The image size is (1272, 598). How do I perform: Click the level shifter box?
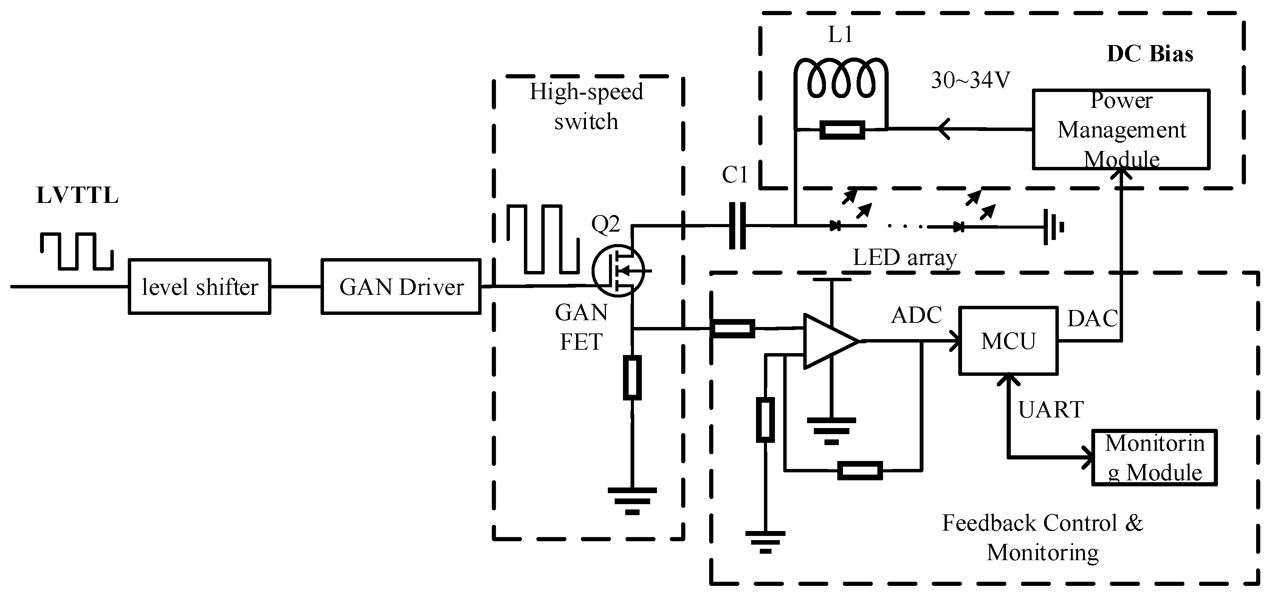pyautogui.click(x=200, y=287)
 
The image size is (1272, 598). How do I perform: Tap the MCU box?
pyautogui.click(x=1008, y=341)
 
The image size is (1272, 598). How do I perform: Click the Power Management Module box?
pyautogui.click(x=1121, y=129)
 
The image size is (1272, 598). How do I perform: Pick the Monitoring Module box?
pyautogui.click(x=1154, y=458)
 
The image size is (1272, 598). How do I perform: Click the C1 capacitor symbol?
pyautogui.click(x=737, y=226)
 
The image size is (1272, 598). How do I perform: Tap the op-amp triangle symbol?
pyautogui.click(x=829, y=341)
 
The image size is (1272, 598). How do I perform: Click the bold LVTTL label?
pyautogui.click(x=77, y=196)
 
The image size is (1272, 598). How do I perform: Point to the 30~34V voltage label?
pyautogui.click(x=970, y=80)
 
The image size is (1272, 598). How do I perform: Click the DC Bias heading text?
pyautogui.click(x=1150, y=54)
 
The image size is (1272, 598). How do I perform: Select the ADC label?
pyautogui.click(x=916, y=315)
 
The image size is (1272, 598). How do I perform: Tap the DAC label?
pyautogui.click(x=1092, y=319)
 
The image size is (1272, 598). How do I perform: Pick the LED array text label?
pyautogui.click(x=905, y=257)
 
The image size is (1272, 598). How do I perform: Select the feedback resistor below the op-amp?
pyautogui.click(x=860, y=470)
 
